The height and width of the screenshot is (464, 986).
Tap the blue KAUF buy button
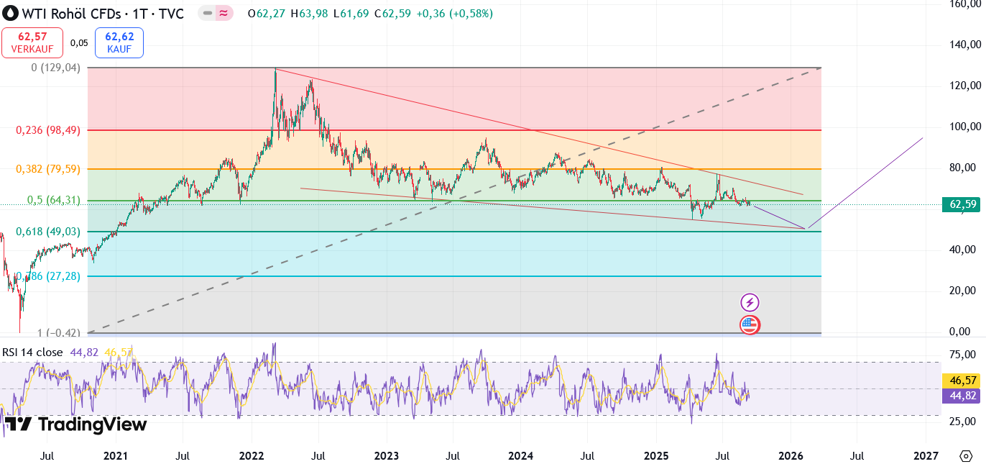tap(119, 42)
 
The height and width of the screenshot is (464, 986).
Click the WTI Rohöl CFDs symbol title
tap(93, 14)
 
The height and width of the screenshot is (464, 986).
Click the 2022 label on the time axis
tap(251, 455)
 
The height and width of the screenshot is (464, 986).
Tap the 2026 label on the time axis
tap(791, 455)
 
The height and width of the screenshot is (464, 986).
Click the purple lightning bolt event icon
tap(750, 303)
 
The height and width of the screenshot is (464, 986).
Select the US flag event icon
tap(750, 325)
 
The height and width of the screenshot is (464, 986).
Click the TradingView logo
tap(75, 424)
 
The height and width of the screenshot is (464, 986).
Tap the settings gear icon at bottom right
tap(965, 455)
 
